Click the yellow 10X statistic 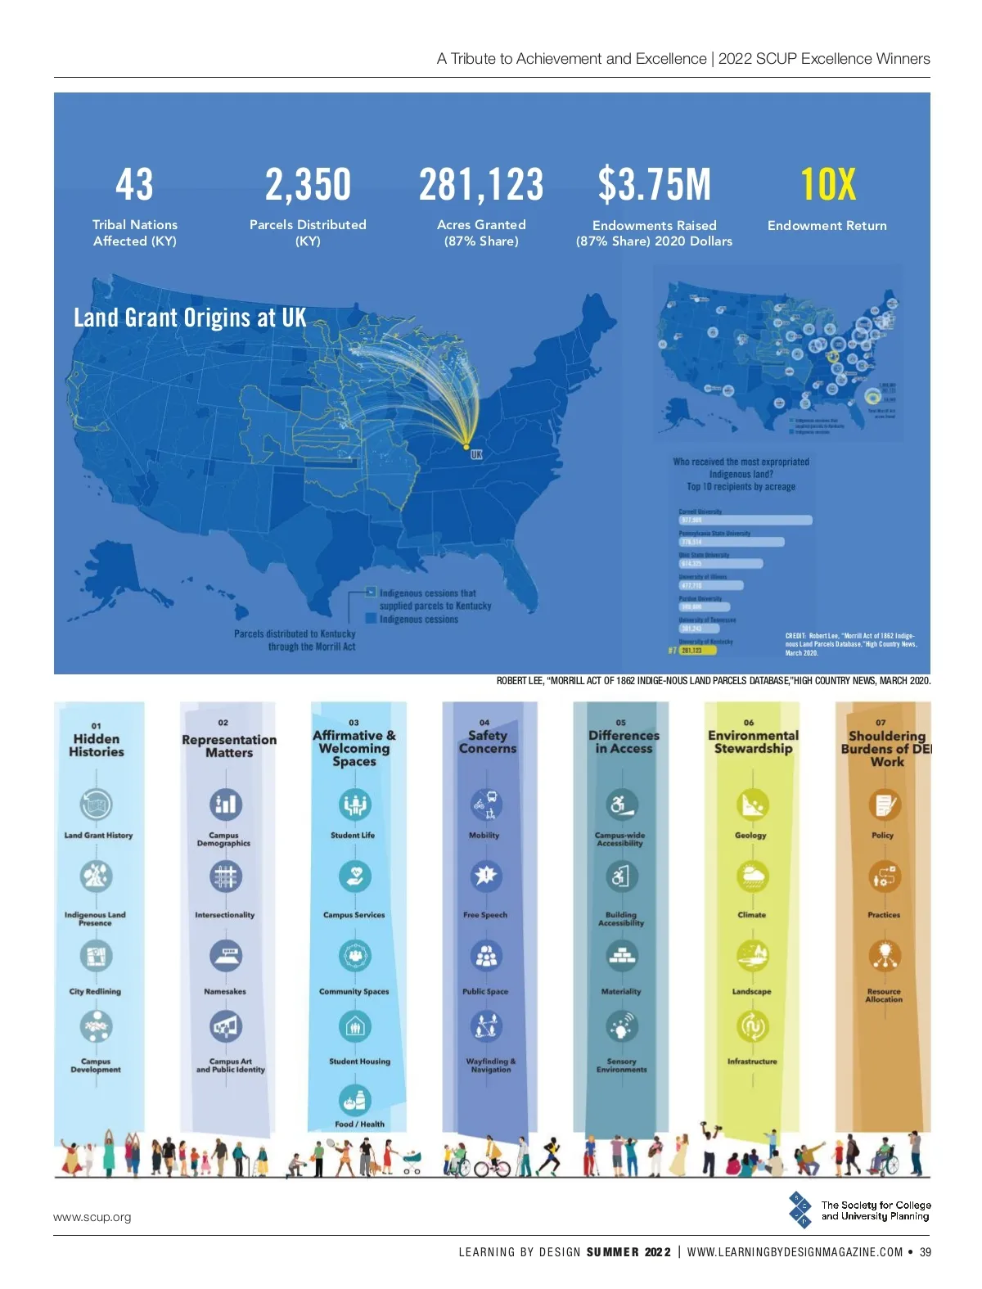827,184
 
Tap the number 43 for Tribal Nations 134,184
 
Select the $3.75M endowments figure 654,184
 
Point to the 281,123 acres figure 481,184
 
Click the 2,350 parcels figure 308,184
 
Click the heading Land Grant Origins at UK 190,318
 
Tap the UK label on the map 476,454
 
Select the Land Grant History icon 96,804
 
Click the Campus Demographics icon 225,804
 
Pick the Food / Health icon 354,1100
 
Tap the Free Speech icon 486,876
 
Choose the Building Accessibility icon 621,877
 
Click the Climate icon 751,877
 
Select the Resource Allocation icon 884,954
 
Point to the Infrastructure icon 751,1025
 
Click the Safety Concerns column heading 488,741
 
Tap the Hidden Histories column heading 97,745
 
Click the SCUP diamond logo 800,1210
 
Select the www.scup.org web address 92,1217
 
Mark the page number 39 925,1252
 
